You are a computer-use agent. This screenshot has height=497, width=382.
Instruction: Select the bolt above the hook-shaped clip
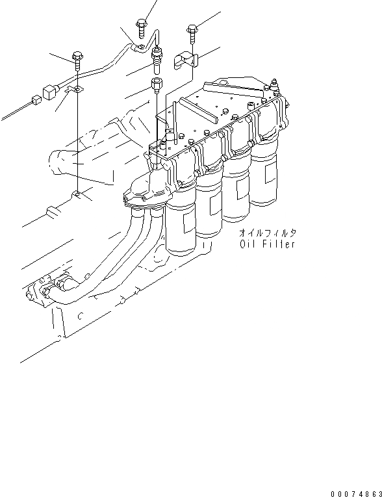tap(191, 30)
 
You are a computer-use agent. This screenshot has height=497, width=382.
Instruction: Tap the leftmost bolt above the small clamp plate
tap(77, 58)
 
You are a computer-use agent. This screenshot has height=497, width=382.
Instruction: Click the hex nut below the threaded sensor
tap(156, 84)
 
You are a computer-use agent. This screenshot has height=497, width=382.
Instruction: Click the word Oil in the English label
tap(247, 245)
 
